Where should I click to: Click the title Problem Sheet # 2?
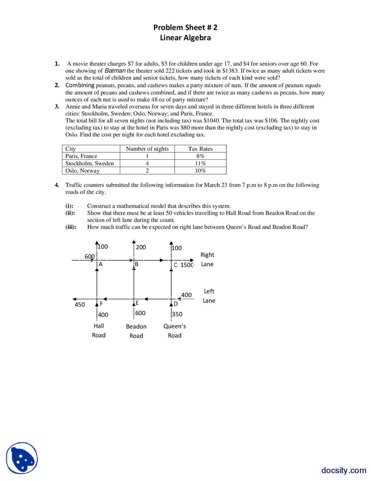point(185,28)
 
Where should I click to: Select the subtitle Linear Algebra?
point(185,38)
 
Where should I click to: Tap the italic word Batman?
point(115,71)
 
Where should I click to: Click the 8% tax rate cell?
point(200,156)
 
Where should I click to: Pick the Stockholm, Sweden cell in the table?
point(90,163)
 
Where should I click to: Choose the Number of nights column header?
point(147,149)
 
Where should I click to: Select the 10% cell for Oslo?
point(200,170)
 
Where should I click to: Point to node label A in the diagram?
point(101,264)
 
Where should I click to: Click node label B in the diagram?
point(137,264)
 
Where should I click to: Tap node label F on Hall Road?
point(101,304)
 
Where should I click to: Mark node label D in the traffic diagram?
point(176,304)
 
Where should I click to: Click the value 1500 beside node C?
point(187,265)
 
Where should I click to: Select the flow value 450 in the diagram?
point(80,305)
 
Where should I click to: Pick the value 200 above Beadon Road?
point(141,247)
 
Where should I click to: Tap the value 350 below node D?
point(177,314)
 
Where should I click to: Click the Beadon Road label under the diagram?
point(136,331)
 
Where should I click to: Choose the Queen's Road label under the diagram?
point(174,331)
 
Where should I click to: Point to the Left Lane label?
point(209,296)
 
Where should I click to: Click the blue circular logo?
point(22,458)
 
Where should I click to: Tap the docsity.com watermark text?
point(344,470)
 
